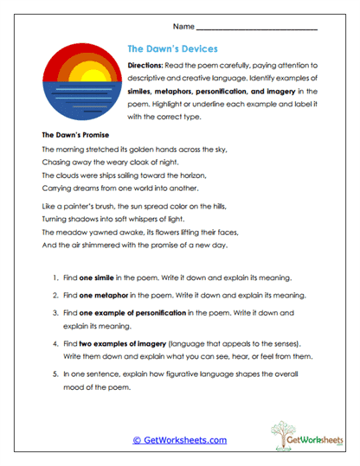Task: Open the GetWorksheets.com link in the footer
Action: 179,439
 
